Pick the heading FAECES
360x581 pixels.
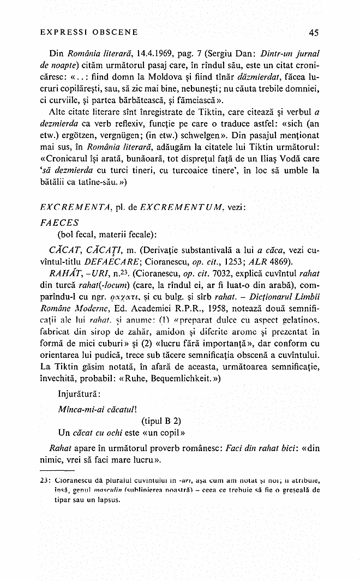click(60, 223)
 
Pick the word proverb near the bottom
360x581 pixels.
click(175, 448)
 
